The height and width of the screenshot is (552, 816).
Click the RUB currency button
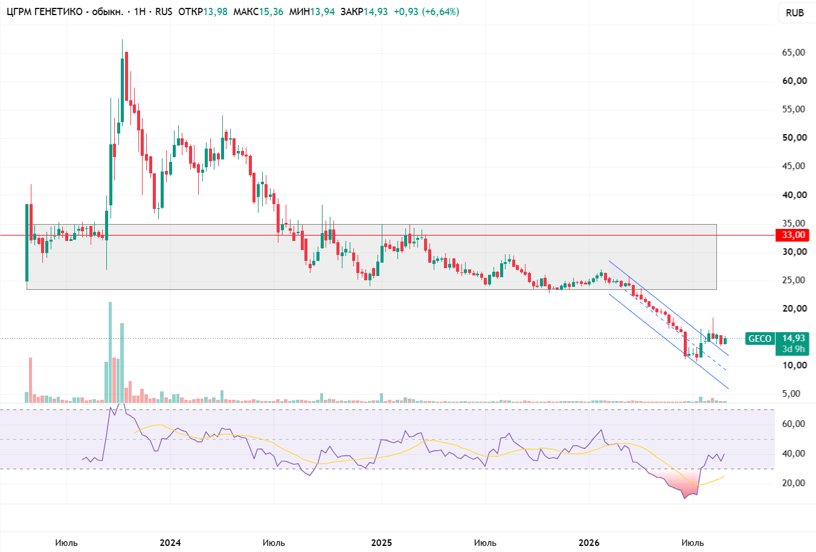[x=795, y=13]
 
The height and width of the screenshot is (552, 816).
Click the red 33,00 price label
[x=792, y=235]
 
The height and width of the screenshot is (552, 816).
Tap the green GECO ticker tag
[x=760, y=339]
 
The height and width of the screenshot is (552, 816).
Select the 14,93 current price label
[x=793, y=338]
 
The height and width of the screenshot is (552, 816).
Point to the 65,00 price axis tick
[x=793, y=53]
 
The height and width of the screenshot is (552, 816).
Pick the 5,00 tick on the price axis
[x=791, y=394]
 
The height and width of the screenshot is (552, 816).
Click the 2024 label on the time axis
[x=170, y=543]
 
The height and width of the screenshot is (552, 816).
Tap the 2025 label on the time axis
[x=381, y=543]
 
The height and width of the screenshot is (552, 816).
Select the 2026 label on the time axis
[x=589, y=543]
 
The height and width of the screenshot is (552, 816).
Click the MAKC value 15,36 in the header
[x=271, y=11]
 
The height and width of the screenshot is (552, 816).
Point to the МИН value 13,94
[x=323, y=11]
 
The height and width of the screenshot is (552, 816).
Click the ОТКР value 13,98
[x=215, y=11]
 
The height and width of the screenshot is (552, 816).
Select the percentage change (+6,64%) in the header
[x=440, y=11]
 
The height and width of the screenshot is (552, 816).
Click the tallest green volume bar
[x=110, y=352]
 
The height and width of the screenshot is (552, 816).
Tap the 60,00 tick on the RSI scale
[x=794, y=424]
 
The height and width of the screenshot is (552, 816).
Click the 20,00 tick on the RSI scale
[x=794, y=483]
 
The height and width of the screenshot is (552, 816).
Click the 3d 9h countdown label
[x=793, y=349]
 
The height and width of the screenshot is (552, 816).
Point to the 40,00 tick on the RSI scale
[x=794, y=454]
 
